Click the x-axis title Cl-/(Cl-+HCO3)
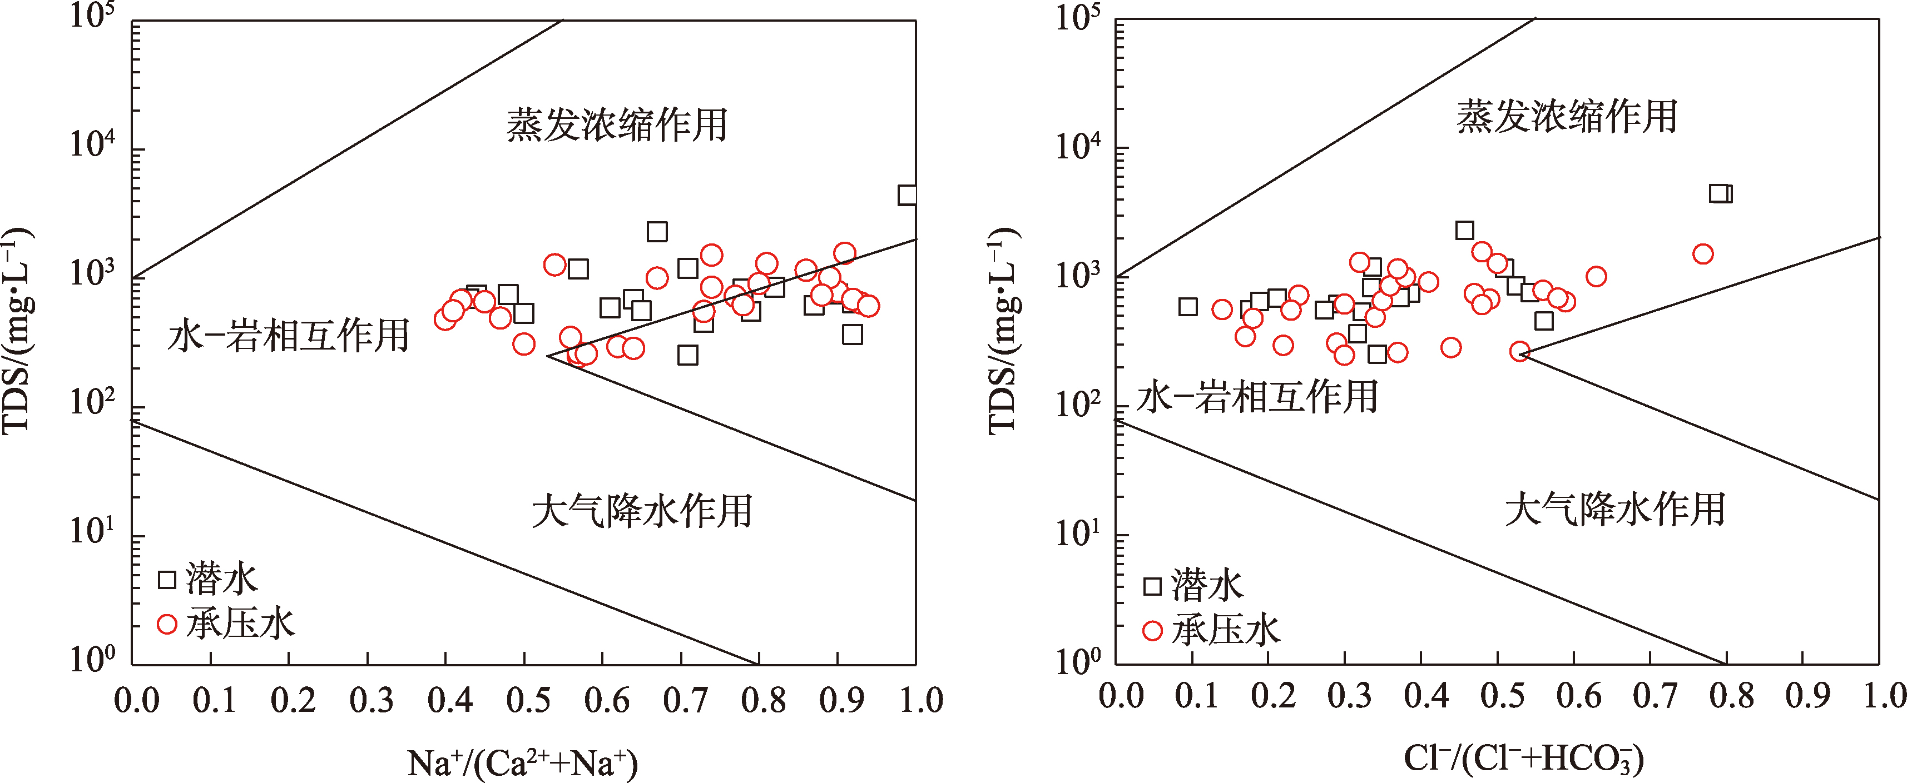point(1523,758)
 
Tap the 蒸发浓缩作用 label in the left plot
point(617,124)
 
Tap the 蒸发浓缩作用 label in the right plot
point(1567,117)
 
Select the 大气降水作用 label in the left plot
point(642,511)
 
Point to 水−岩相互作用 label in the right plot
point(1257,397)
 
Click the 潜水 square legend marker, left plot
point(167,580)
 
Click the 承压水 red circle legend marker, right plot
point(1153,631)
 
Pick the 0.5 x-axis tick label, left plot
point(528,700)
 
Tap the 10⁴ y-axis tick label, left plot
point(92,142)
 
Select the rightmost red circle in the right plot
point(1703,255)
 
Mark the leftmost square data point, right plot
point(1187,306)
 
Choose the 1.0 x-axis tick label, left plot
point(921,700)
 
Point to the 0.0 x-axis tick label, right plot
point(1121,696)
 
